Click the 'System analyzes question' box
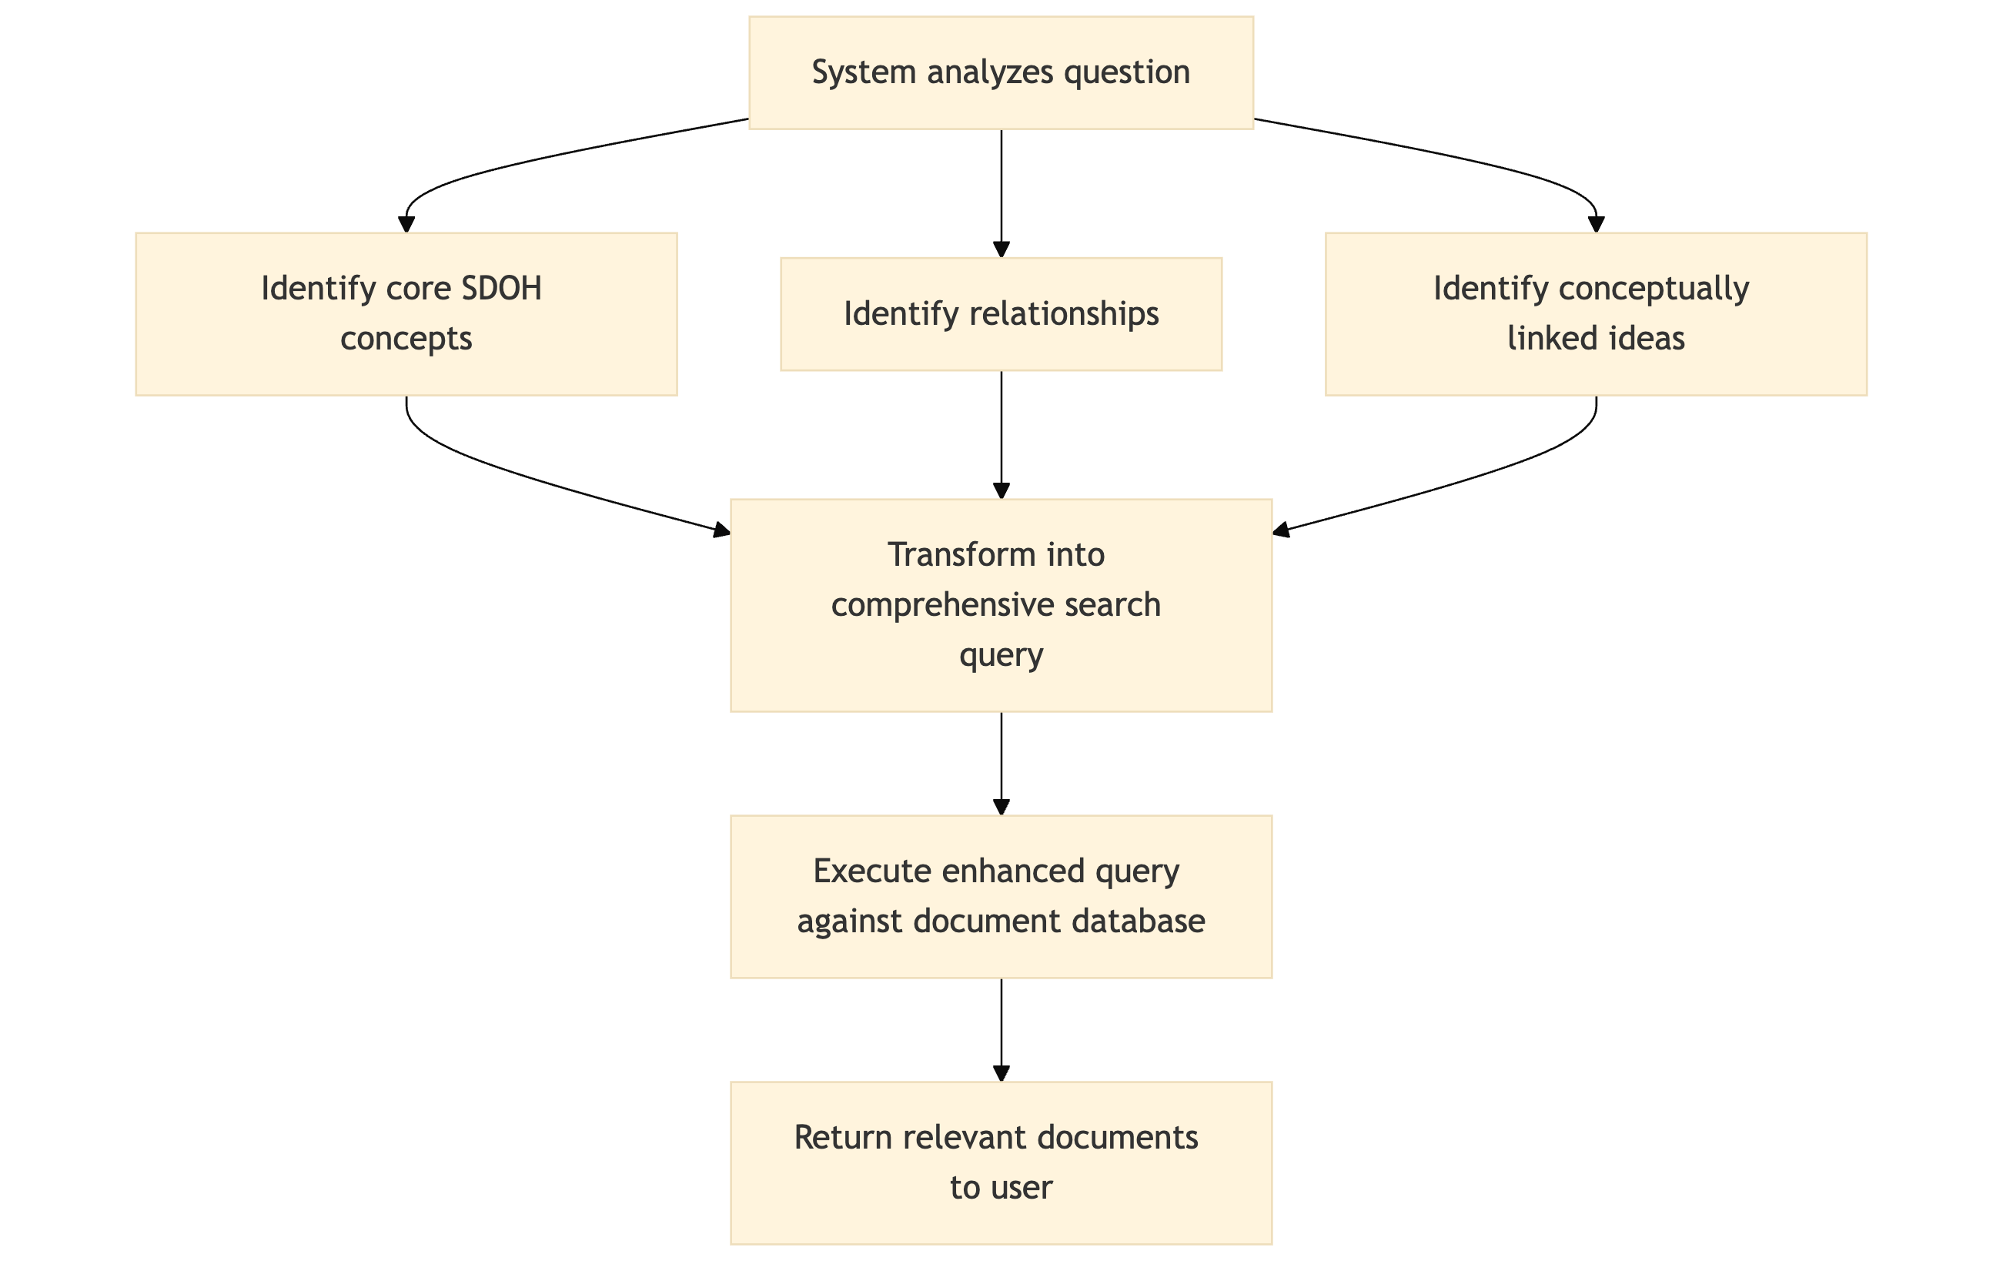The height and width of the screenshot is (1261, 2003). tap(1001, 72)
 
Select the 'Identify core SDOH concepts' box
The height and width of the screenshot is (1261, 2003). tap(406, 313)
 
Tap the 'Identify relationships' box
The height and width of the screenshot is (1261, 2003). tap(1001, 313)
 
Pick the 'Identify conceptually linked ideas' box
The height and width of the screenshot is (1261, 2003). tap(1596, 313)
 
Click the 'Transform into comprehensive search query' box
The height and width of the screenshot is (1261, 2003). tap(1001, 605)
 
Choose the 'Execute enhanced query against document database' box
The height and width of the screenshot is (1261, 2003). tap(1001, 896)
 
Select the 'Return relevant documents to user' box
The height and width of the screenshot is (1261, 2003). tap(1001, 1162)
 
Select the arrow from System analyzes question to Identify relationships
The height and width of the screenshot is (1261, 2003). tap(1001, 192)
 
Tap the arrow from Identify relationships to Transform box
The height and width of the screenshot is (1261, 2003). tap(1001, 433)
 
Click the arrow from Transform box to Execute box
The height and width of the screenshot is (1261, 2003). tap(1001, 761)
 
